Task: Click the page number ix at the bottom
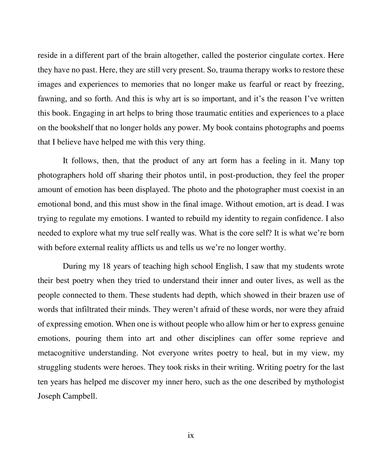click(x=191, y=435)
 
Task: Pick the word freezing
click(x=329, y=84)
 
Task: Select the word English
click(x=228, y=266)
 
